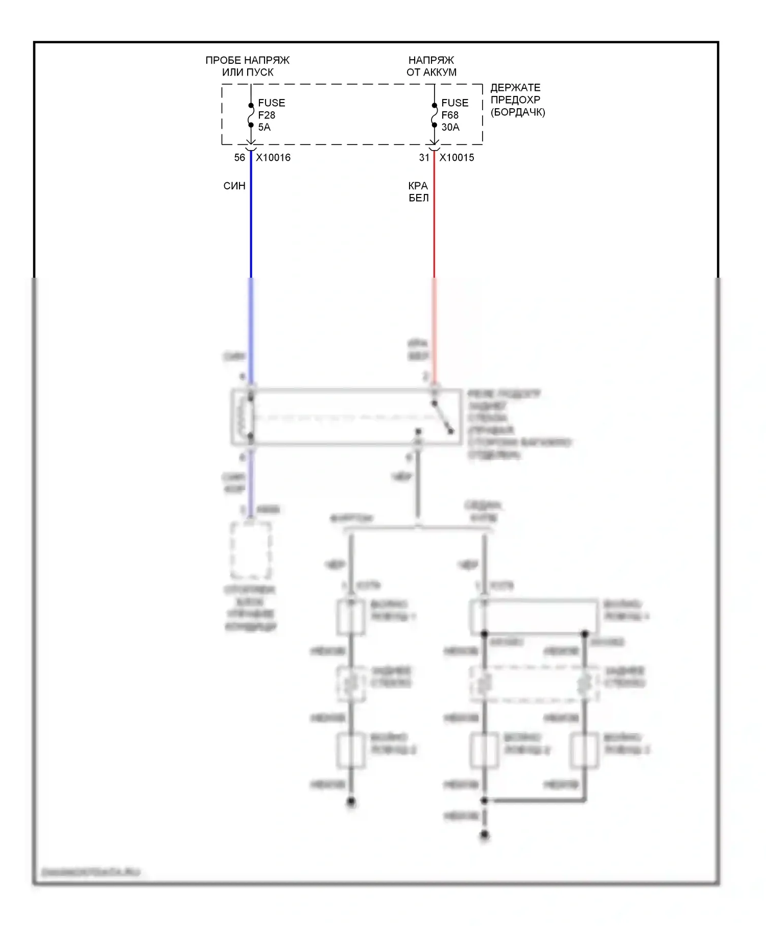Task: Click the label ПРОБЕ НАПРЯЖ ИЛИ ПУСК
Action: pyautogui.click(x=248, y=66)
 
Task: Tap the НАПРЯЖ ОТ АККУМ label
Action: pyautogui.click(x=432, y=66)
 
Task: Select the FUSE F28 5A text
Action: pyautogui.click(x=271, y=115)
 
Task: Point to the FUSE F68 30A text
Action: pyautogui.click(x=454, y=115)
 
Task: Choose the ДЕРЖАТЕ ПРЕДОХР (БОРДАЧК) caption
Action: pyautogui.click(x=517, y=100)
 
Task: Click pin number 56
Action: pyautogui.click(x=240, y=158)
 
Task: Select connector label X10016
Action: pyautogui.click(x=273, y=158)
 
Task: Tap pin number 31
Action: pyautogui.click(x=424, y=158)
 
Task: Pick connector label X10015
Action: pyautogui.click(x=457, y=158)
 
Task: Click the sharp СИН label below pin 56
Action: pyautogui.click(x=234, y=186)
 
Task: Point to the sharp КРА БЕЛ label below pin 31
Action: pyautogui.click(x=418, y=192)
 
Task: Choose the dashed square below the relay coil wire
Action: pyautogui.click(x=250, y=550)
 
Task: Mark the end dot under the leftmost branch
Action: pyautogui.click(x=351, y=802)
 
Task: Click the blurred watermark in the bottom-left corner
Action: pyautogui.click(x=90, y=872)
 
